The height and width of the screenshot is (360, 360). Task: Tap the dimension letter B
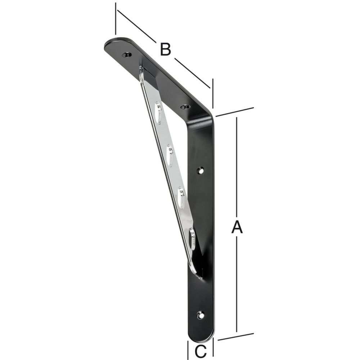coord(165,49)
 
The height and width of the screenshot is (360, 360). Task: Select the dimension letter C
coord(201,349)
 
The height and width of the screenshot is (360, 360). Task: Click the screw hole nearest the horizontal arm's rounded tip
coord(127,55)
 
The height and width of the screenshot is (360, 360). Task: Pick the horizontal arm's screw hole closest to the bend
coord(185,107)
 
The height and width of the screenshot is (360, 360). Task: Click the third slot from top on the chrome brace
coord(181,196)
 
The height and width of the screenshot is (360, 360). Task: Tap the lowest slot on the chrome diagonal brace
coord(193,238)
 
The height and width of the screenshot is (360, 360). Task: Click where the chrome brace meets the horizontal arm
coord(141,71)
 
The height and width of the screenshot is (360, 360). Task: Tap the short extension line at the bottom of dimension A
coord(236,336)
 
